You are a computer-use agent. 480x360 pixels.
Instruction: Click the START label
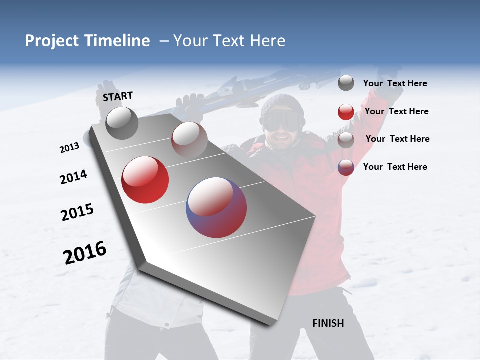(x=118, y=96)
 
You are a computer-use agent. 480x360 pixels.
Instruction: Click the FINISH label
(x=328, y=323)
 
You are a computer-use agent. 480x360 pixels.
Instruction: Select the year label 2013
(x=69, y=148)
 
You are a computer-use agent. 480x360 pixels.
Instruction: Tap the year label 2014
(x=73, y=177)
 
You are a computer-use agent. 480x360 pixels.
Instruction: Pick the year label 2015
(x=77, y=212)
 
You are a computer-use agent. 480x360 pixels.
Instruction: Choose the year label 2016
(x=85, y=253)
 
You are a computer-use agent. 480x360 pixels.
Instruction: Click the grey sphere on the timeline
(x=122, y=123)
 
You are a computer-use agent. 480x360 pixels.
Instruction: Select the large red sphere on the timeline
(x=145, y=180)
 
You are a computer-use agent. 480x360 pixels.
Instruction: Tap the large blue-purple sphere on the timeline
(x=216, y=207)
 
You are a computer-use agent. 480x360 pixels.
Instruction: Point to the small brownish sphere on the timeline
(x=189, y=139)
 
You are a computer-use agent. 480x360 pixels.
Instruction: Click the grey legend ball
(x=346, y=83)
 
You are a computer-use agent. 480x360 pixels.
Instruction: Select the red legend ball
(x=346, y=112)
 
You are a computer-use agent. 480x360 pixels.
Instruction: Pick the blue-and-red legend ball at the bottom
(x=346, y=167)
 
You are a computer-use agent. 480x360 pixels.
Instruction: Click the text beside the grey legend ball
(x=395, y=83)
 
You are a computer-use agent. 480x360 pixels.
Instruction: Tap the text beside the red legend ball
(x=396, y=111)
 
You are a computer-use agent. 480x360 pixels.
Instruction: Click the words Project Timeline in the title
(x=87, y=41)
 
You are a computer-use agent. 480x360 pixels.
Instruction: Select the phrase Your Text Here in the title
(x=229, y=41)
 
